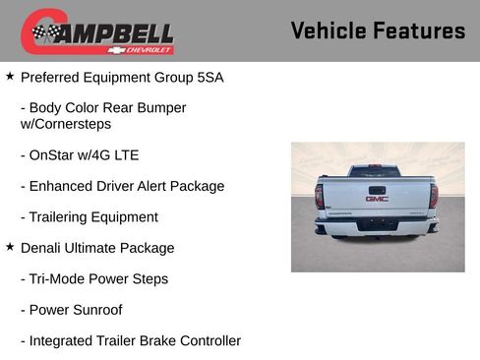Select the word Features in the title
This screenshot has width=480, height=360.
coord(419,31)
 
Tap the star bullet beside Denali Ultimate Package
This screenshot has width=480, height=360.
coord(10,247)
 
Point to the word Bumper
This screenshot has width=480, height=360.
coord(161,107)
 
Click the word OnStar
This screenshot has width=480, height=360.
coord(56,154)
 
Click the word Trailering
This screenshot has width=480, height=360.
coord(62,216)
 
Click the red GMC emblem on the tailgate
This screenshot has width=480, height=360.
coord(377,198)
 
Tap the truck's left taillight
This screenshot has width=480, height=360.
coord(320,195)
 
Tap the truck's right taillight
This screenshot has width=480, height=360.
coord(434,195)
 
